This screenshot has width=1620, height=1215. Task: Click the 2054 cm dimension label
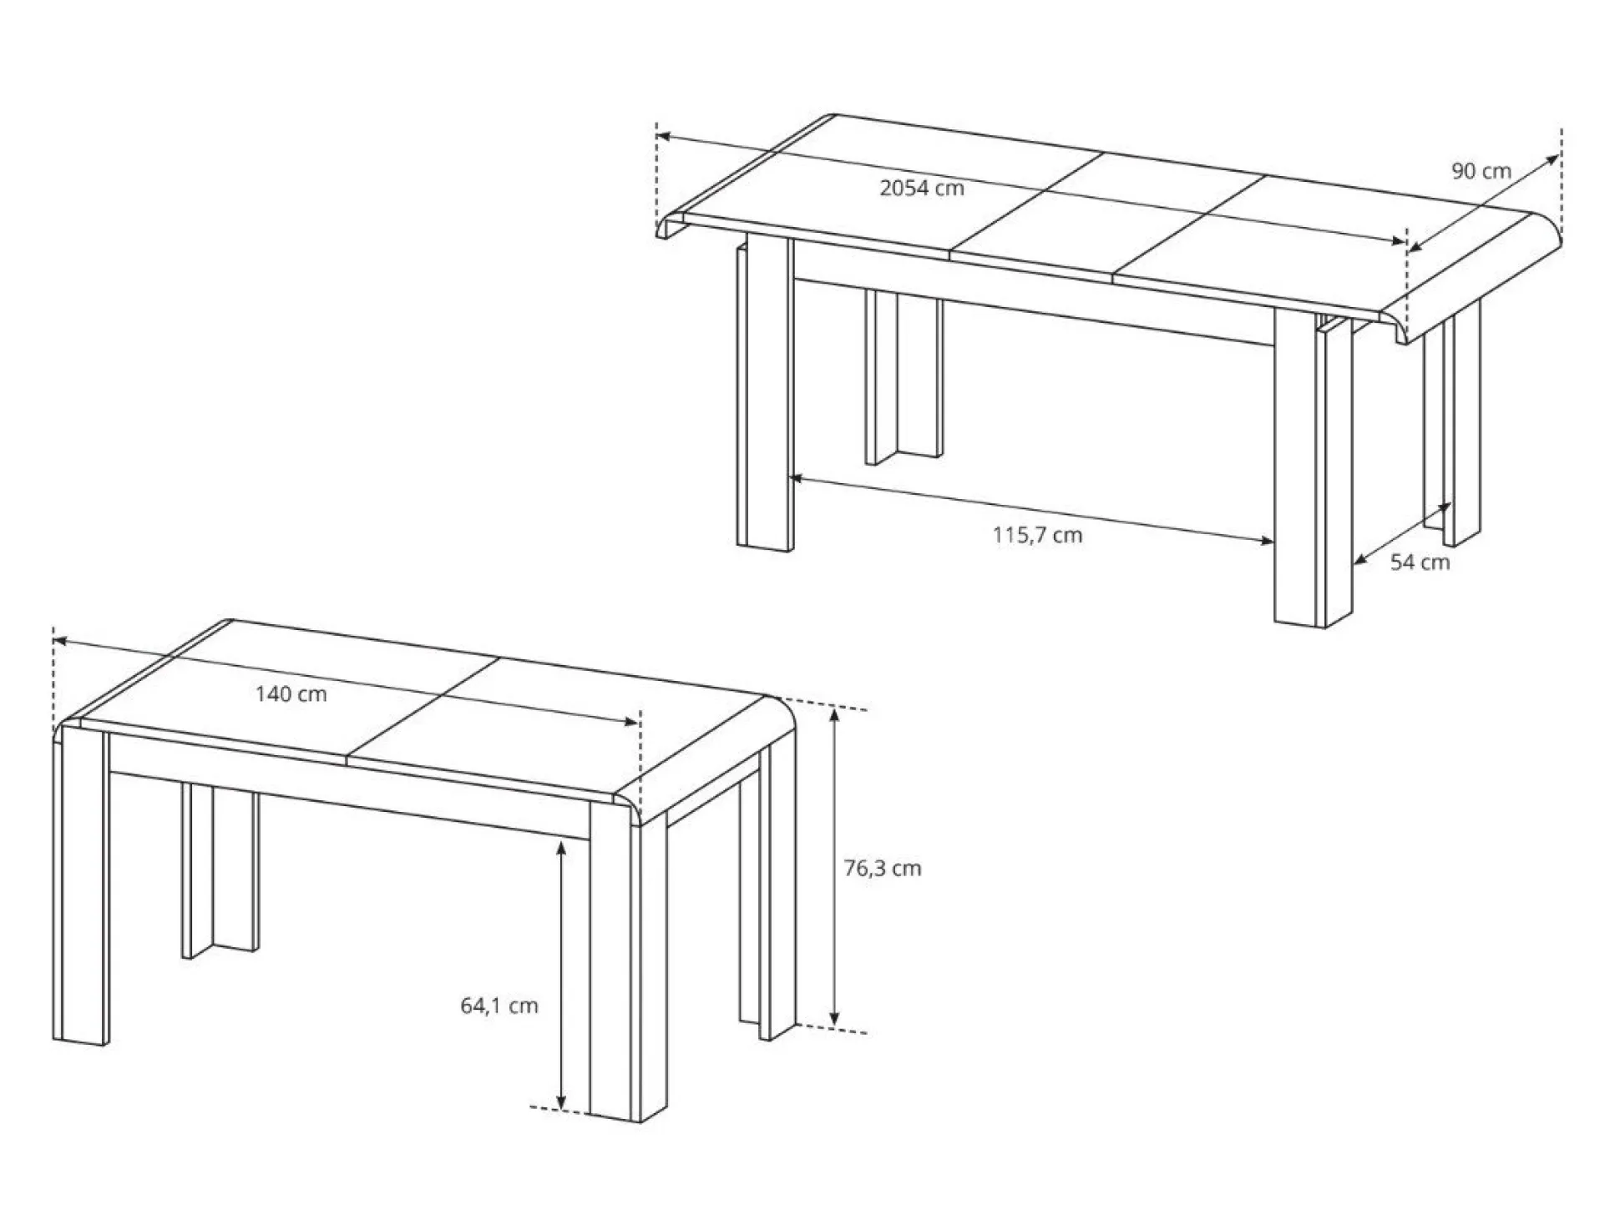coord(921,188)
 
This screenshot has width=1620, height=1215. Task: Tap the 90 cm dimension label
coord(1481,171)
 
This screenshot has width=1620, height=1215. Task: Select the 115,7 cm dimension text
coord(1037,535)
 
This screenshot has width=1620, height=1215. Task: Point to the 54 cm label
coord(1420,562)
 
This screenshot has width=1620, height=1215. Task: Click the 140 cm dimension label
coord(291,693)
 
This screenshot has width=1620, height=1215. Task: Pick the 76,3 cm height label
coord(882,868)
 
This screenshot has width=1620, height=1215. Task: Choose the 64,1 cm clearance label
coord(499,1006)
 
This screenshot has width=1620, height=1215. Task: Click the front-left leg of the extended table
coord(764,392)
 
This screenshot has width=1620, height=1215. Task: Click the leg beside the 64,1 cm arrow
coord(614,960)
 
